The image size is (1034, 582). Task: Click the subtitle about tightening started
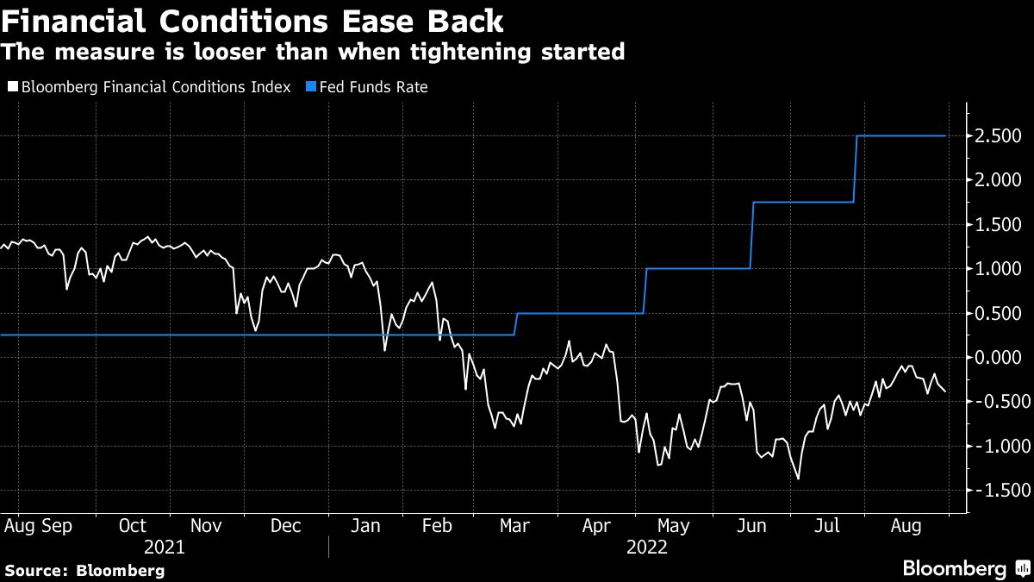coord(312,52)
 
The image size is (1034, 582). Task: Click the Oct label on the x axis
coord(133,525)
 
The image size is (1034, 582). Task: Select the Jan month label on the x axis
coord(365,525)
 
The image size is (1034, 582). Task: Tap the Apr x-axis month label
coord(595,525)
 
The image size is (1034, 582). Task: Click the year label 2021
coord(164,547)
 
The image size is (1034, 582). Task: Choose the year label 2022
coord(646,547)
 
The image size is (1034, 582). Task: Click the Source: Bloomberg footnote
coord(84,571)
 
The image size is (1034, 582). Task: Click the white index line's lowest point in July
coord(798,479)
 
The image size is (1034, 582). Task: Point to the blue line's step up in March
coord(515,324)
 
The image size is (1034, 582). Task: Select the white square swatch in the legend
coord(12,87)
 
